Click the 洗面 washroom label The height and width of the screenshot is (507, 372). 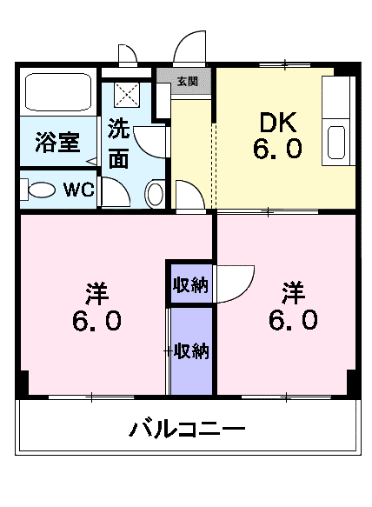tap(120, 144)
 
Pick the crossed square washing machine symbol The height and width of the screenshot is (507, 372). tap(129, 93)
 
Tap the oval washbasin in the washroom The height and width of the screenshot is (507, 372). tap(154, 192)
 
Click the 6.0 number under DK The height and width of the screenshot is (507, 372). tap(278, 149)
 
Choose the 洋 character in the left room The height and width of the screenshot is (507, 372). tap(96, 291)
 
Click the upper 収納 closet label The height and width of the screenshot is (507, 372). tap(190, 284)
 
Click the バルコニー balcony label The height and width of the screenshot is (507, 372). tap(189, 429)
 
